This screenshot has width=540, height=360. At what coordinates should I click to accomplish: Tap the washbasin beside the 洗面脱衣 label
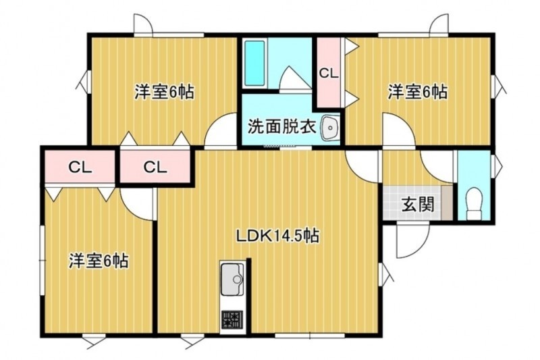(329, 128)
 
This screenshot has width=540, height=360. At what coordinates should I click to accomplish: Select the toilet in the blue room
(475, 203)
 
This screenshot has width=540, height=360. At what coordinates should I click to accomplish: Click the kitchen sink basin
(232, 280)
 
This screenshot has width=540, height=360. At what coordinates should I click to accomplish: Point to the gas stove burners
(232, 319)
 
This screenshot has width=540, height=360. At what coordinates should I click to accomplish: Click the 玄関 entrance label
(418, 205)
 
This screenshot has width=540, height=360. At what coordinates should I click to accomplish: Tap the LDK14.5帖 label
(277, 236)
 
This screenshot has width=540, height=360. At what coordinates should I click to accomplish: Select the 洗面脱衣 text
(282, 127)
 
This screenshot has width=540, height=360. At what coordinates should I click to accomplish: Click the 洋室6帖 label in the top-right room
(418, 92)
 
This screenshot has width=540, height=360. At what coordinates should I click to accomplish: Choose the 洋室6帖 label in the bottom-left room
(99, 261)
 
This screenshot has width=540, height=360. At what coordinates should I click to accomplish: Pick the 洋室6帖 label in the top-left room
(164, 92)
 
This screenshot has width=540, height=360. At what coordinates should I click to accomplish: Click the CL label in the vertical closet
(329, 74)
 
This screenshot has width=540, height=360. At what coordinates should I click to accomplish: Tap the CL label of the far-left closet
(80, 168)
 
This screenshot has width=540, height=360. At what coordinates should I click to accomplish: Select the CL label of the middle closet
(155, 168)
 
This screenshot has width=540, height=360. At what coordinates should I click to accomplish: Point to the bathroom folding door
(296, 78)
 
